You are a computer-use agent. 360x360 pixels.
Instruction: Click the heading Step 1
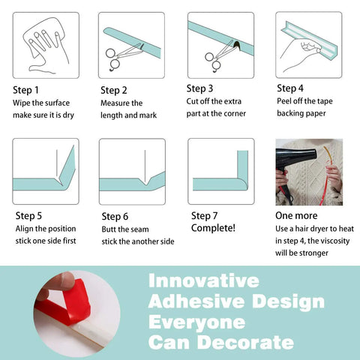pyautogui.click(x=25, y=90)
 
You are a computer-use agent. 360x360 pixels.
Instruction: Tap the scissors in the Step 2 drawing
pyautogui.click(x=122, y=56)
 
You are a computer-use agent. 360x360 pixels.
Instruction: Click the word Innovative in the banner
pyautogui.click(x=204, y=280)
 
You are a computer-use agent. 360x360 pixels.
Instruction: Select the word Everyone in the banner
pyautogui.click(x=196, y=322)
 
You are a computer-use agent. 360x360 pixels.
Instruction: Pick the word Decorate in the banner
pyautogui.click(x=245, y=342)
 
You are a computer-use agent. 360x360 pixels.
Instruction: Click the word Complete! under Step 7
pyautogui.click(x=213, y=228)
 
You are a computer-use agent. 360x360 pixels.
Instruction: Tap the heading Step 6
pyautogui.click(x=115, y=217)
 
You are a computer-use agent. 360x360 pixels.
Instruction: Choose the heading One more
pyautogui.click(x=296, y=215)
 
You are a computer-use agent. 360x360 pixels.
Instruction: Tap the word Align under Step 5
pyautogui.click(x=24, y=229)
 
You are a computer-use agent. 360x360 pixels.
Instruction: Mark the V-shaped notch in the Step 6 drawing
pyautogui.click(x=145, y=182)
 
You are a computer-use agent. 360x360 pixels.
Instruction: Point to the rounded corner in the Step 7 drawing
pyautogui.click(x=242, y=184)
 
